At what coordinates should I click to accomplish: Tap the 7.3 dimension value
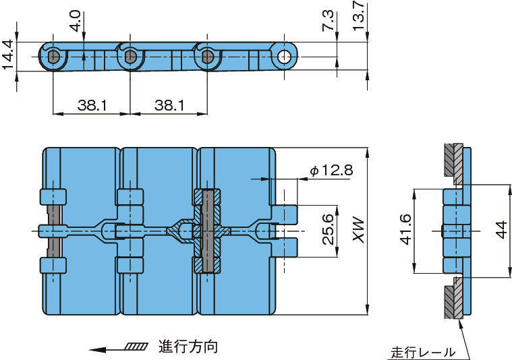point(329,20)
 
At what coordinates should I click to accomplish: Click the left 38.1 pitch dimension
point(90,105)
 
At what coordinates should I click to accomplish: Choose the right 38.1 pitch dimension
point(167,105)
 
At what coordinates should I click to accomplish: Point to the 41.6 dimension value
point(405,231)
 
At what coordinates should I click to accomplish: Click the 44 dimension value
point(500,231)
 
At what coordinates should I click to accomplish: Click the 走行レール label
point(423,352)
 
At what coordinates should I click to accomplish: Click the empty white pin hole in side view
point(286,56)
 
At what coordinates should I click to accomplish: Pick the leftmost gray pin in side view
point(53,57)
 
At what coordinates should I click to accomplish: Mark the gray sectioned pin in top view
point(208,231)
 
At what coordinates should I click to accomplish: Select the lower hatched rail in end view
point(453,298)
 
